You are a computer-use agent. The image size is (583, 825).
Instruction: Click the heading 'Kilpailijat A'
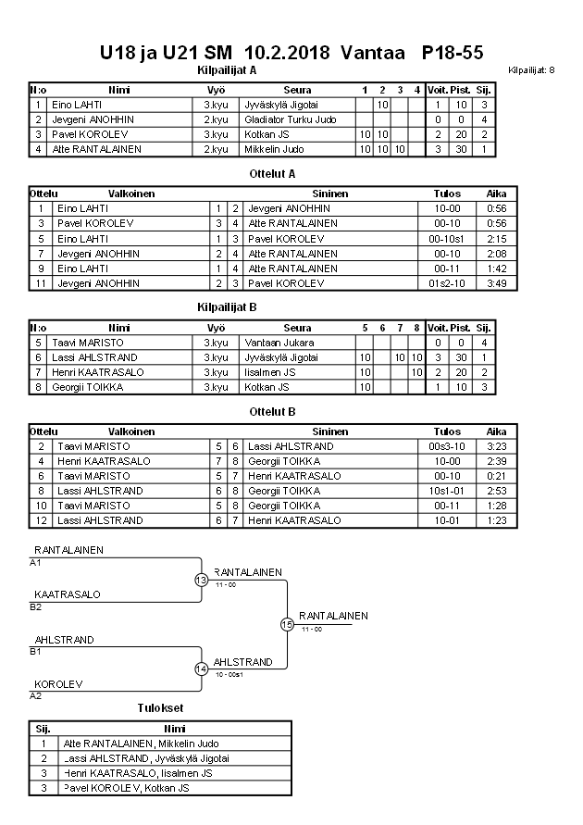click(x=226, y=69)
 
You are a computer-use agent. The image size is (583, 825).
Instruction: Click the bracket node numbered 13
click(x=201, y=581)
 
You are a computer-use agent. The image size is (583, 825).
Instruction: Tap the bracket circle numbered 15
click(x=287, y=624)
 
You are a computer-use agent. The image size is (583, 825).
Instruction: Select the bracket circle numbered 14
click(x=201, y=669)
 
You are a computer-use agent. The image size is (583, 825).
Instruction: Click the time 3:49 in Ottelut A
click(x=496, y=283)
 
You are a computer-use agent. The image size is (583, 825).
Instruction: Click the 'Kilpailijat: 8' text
click(x=531, y=70)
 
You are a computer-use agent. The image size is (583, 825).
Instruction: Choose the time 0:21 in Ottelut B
click(x=496, y=476)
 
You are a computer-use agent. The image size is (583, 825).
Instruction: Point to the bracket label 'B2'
click(x=36, y=607)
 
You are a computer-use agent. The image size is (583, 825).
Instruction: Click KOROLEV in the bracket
click(x=59, y=684)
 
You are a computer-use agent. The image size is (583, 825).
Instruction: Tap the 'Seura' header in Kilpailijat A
click(x=297, y=90)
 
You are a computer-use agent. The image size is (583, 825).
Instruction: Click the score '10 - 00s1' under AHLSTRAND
click(x=228, y=675)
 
